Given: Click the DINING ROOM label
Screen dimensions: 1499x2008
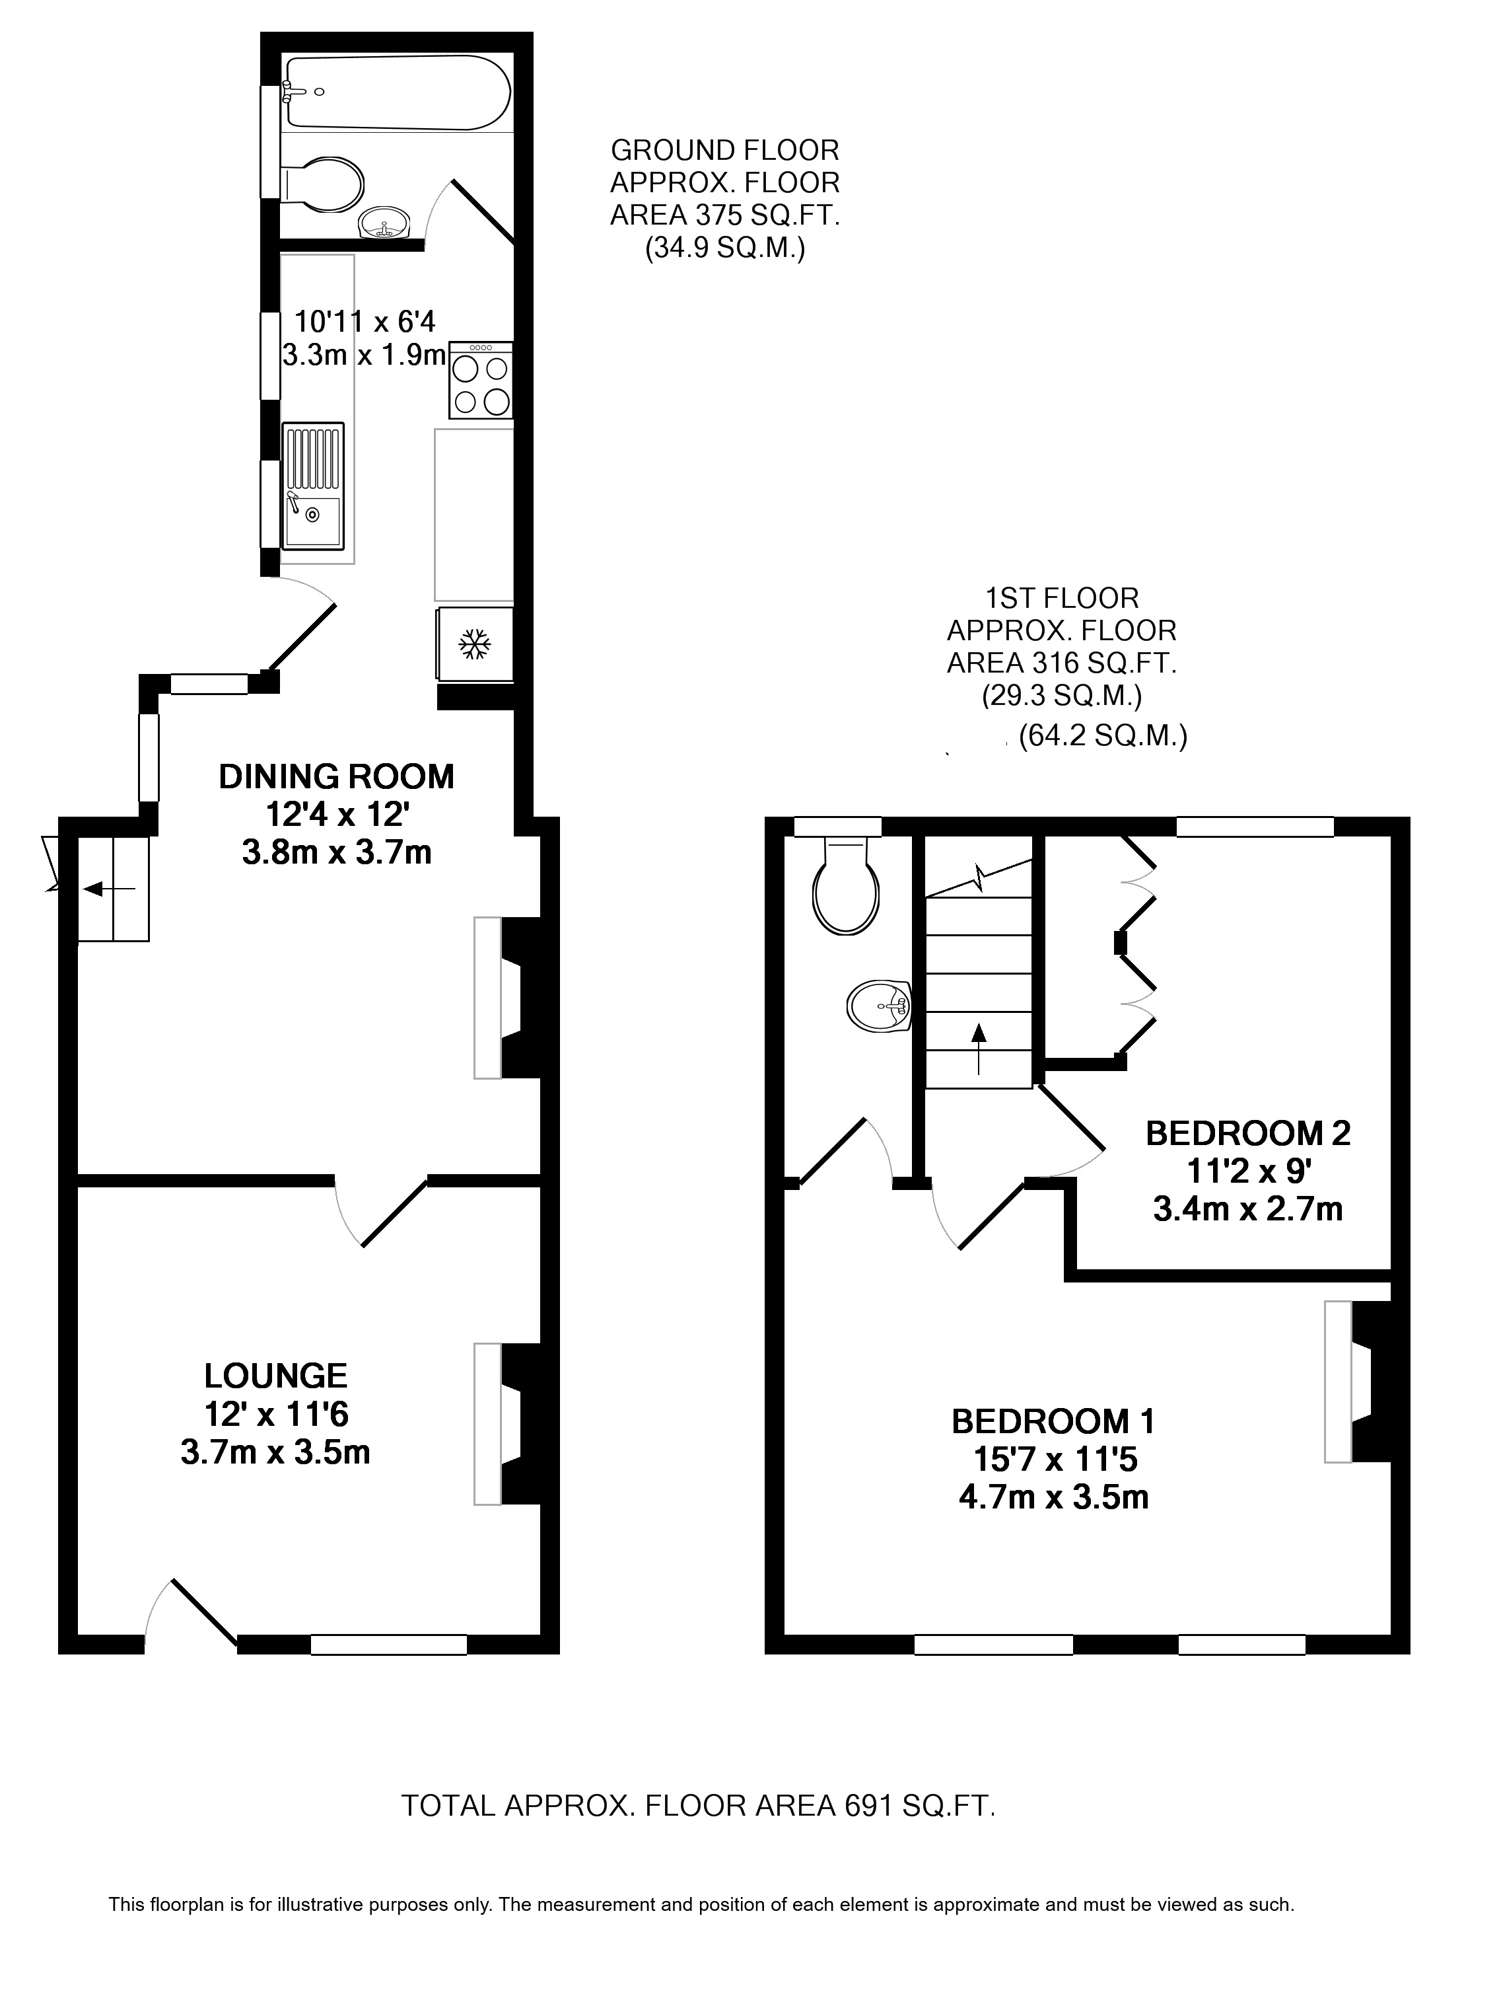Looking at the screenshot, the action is pyautogui.click(x=337, y=777).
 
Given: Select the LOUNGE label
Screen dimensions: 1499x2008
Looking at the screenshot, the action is pyautogui.click(x=276, y=1376).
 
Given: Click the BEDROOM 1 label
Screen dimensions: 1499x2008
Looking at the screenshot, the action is pyautogui.click(x=1053, y=1421).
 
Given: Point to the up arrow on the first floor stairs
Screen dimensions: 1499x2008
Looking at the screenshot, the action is pyautogui.click(x=978, y=1049).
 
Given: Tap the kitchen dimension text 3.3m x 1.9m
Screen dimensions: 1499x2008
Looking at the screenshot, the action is pyautogui.click(x=365, y=355).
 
